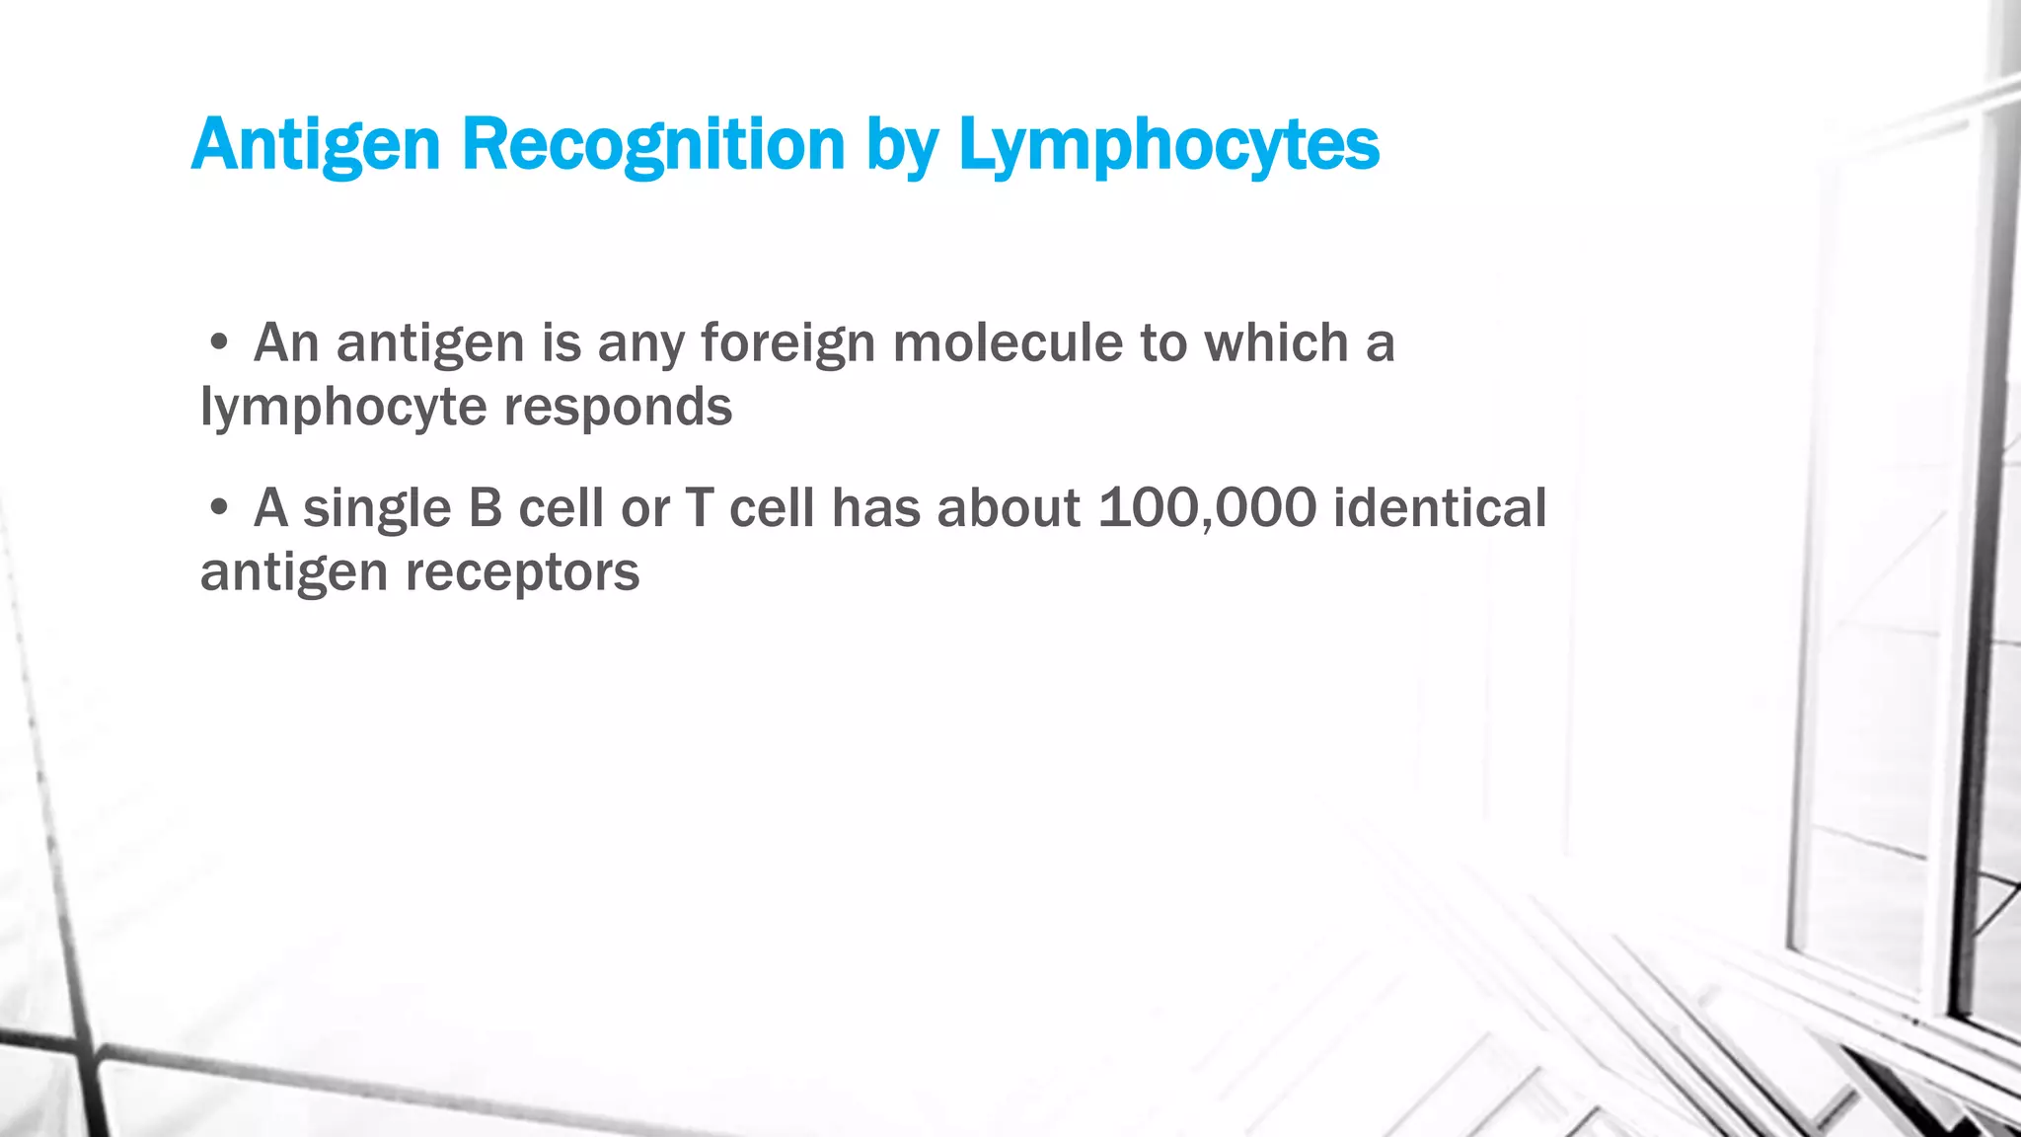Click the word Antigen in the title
coord(315,146)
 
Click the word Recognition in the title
coord(653,146)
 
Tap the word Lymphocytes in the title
coord(1168,146)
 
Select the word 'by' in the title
coord(902,148)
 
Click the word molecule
coord(1008,343)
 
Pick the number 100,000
coord(1207,509)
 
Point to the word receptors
coord(522,572)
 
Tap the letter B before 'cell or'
coord(485,508)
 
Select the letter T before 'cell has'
coord(698,508)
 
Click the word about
coord(1008,508)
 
